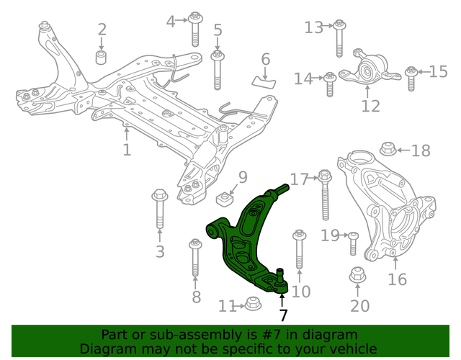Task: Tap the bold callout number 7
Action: [x=283, y=315]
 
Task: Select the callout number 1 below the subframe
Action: [x=127, y=150]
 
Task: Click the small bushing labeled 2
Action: [x=102, y=56]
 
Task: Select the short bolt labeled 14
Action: [x=330, y=84]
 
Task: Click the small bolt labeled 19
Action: [x=353, y=243]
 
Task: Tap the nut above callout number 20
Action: [x=357, y=276]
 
